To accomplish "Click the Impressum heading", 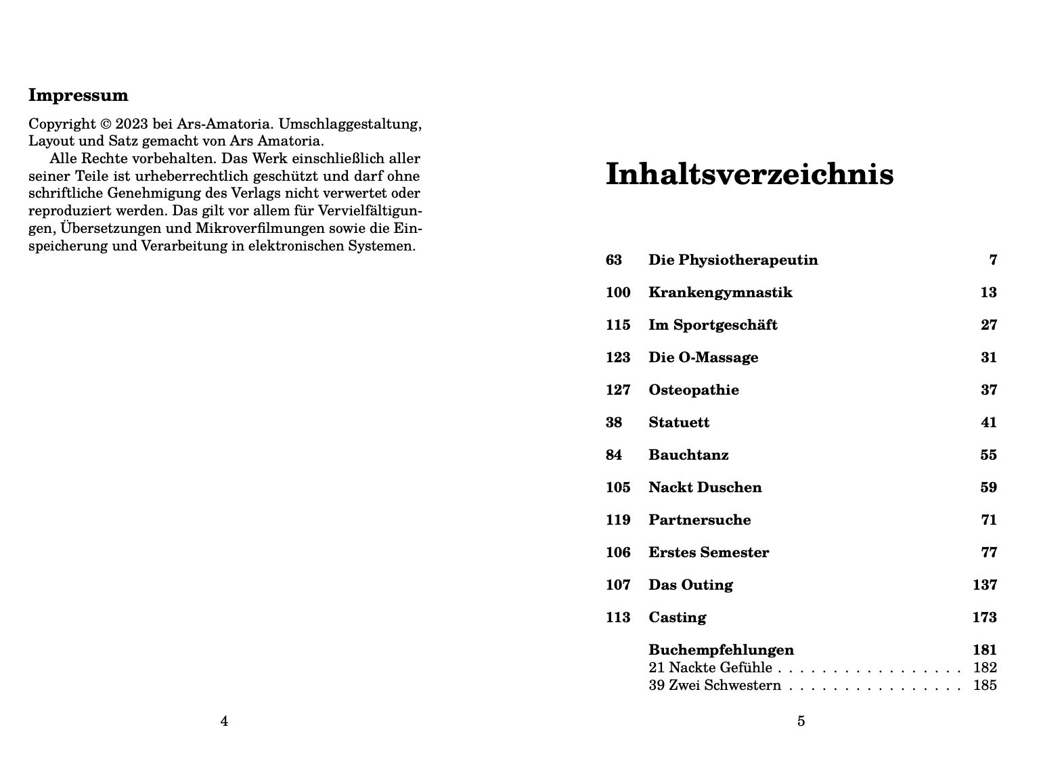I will click(x=78, y=95).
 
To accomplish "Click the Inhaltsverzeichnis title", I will click(x=749, y=174).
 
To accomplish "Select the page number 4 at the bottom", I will click(x=224, y=721).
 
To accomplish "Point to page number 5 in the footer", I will click(x=801, y=721).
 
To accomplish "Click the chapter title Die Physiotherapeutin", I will click(x=732, y=260).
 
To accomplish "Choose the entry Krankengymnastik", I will click(x=719, y=292).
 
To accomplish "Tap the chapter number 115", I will click(x=617, y=325).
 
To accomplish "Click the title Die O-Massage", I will click(x=703, y=357).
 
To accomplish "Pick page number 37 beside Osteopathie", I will click(x=988, y=390).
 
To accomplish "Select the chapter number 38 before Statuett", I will click(x=613, y=422).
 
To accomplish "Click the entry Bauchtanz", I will click(x=688, y=455).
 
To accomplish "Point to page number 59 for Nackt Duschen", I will click(x=988, y=487).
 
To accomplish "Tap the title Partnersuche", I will click(x=699, y=520).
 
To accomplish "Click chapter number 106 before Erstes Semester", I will click(x=617, y=552).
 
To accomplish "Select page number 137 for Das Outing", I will click(x=984, y=585).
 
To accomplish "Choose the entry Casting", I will click(x=677, y=617).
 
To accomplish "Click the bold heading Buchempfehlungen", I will click(x=721, y=650).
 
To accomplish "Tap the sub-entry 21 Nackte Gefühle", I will click(x=709, y=668).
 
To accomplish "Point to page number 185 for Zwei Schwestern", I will click(x=984, y=685).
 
